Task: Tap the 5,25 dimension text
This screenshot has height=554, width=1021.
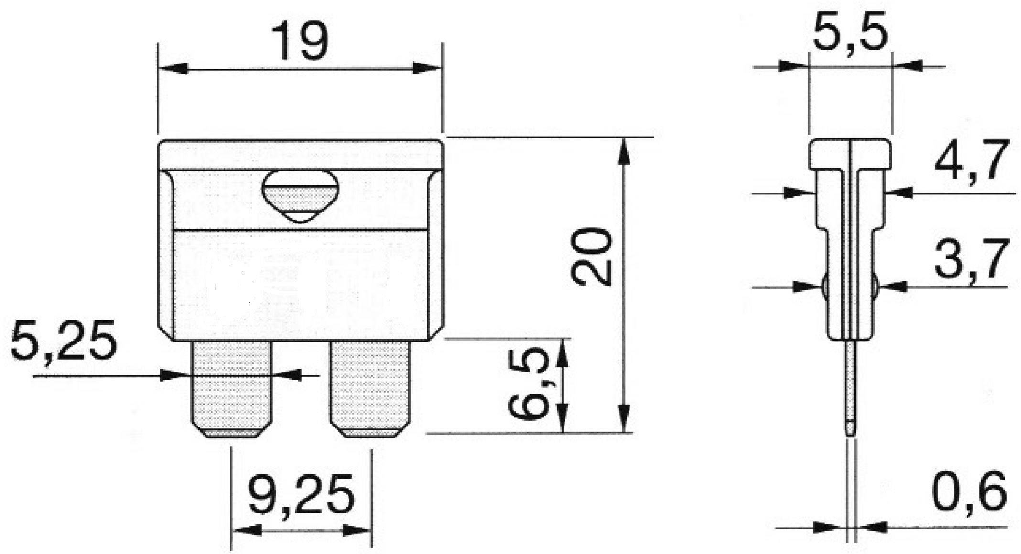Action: click(x=64, y=341)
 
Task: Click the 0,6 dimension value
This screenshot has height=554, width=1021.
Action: click(x=969, y=491)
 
